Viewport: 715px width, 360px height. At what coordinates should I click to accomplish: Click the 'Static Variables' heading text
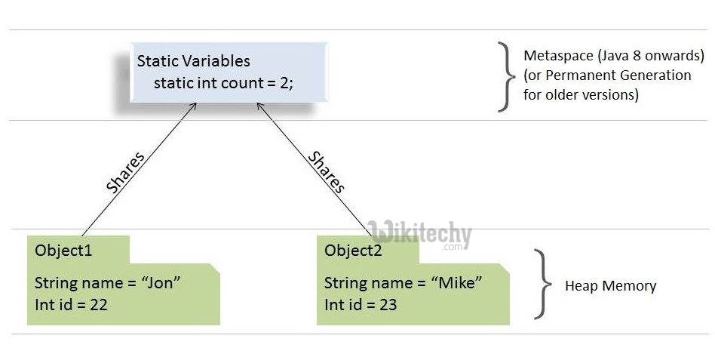pos(193,61)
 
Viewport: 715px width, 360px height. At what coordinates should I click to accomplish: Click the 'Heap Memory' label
pos(610,286)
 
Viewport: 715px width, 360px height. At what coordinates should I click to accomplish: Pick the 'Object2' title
pos(354,250)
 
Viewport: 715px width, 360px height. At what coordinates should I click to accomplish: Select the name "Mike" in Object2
pos(457,283)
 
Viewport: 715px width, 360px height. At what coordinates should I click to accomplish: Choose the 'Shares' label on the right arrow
pos(327,171)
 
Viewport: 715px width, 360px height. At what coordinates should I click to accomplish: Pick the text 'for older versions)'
pos(581,95)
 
